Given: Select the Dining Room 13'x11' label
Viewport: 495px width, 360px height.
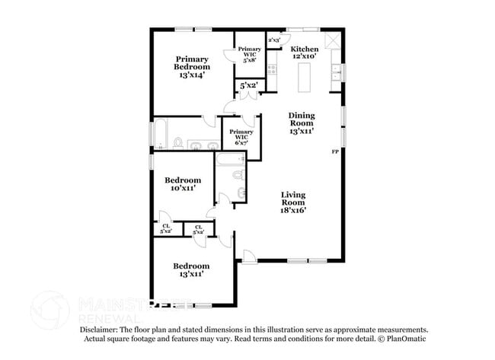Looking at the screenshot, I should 302,124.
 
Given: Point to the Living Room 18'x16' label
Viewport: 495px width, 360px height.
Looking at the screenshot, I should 293,202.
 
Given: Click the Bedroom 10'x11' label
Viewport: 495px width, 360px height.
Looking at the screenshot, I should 183,184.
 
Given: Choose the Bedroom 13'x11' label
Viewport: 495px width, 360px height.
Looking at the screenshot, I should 190,270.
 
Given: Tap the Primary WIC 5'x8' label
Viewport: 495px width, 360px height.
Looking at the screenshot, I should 248,53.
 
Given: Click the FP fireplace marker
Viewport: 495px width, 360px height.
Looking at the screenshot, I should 334,153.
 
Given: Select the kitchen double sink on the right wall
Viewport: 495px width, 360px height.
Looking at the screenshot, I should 335,73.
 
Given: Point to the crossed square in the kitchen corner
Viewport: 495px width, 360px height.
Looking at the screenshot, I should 332,41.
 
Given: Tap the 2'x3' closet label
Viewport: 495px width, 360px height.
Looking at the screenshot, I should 274,40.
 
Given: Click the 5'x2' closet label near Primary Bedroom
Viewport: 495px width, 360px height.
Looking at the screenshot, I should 247,87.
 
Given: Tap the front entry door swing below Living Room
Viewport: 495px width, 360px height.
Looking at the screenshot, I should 245,256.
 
